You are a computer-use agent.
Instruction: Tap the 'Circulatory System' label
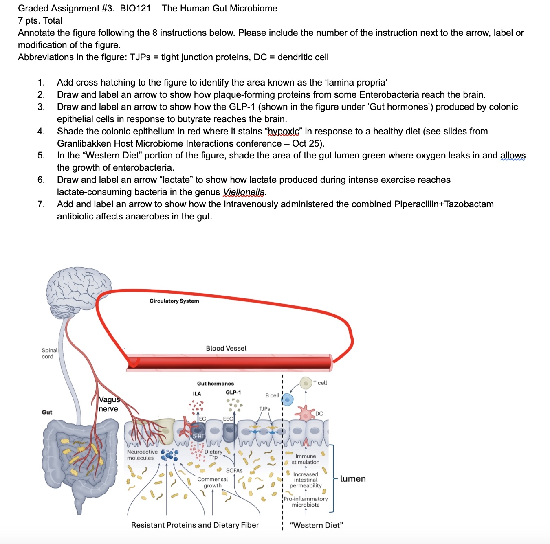click(174, 301)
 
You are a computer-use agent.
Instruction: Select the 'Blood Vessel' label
click(226, 349)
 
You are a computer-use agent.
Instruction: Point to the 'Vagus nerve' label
click(109, 404)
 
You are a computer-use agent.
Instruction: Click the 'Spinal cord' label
click(49, 353)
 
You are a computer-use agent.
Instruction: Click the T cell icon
click(306, 383)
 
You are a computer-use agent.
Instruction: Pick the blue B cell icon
click(288, 399)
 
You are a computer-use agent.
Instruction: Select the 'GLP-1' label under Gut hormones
click(233, 393)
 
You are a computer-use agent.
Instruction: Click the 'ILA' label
click(197, 394)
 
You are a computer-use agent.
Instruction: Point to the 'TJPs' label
click(264, 409)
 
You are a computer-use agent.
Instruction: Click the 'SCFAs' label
click(234, 471)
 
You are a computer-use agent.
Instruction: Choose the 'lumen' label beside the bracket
click(353, 479)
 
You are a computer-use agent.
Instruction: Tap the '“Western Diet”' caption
click(316, 525)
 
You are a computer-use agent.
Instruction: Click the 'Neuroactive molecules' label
click(142, 455)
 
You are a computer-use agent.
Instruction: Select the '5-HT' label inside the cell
click(198, 436)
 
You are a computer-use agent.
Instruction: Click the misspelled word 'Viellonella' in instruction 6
click(244, 192)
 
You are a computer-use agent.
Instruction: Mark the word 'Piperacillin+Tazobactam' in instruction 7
click(444, 204)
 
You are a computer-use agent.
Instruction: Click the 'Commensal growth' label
click(212, 483)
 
